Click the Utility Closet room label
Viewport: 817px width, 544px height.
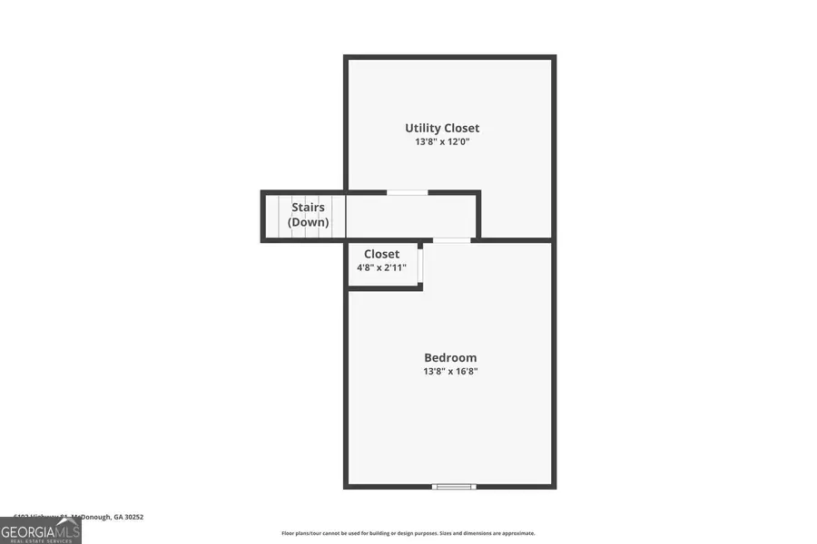pyautogui.click(x=442, y=128)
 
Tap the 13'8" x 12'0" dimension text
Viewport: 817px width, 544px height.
pyautogui.click(x=442, y=141)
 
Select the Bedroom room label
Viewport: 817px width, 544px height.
pyautogui.click(x=449, y=357)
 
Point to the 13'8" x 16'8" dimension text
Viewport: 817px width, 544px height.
pyautogui.click(x=449, y=371)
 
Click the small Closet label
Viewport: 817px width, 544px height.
pyautogui.click(x=381, y=254)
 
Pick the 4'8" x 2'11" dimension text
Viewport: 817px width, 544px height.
pyautogui.click(x=381, y=267)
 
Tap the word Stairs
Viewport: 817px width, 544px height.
pyautogui.click(x=308, y=208)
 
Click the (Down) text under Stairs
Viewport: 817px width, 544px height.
pyautogui.click(x=308, y=222)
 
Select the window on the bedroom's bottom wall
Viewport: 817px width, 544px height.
pyautogui.click(x=453, y=486)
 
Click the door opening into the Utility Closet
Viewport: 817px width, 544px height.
pyautogui.click(x=408, y=192)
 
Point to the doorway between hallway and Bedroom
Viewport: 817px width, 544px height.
pyautogui.click(x=451, y=240)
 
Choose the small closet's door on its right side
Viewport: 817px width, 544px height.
pyautogui.click(x=420, y=264)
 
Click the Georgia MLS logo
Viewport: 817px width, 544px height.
pyautogui.click(x=41, y=529)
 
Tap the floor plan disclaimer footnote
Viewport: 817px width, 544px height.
pyautogui.click(x=408, y=533)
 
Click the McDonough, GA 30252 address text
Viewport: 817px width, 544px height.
pyautogui.click(x=108, y=517)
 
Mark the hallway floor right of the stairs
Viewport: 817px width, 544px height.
pyautogui.click(x=408, y=217)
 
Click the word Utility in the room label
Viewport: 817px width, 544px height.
pyautogui.click(x=423, y=128)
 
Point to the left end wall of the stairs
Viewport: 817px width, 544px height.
pyautogui.click(x=263, y=217)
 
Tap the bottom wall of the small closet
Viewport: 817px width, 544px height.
pyautogui.click(x=384, y=287)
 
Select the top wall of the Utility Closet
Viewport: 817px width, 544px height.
pyautogui.click(x=449, y=58)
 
